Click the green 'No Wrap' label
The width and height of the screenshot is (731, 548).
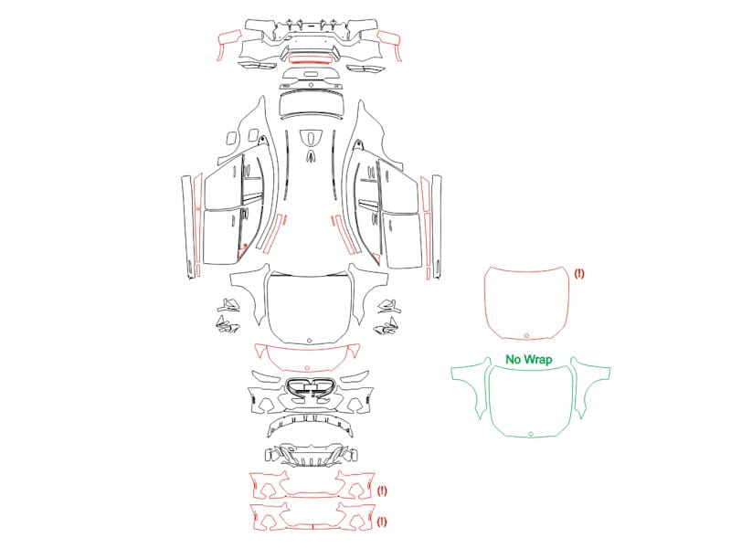(529, 359)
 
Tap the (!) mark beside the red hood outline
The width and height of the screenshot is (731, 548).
(579, 273)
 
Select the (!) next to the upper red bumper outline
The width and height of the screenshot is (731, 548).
(382, 490)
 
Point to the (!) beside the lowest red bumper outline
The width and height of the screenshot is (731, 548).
(382, 522)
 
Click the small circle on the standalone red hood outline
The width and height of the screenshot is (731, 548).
(527, 335)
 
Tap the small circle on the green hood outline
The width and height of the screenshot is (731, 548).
(531, 434)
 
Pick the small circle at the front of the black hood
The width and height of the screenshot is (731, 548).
(309, 341)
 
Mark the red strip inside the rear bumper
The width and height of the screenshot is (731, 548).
(309, 59)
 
